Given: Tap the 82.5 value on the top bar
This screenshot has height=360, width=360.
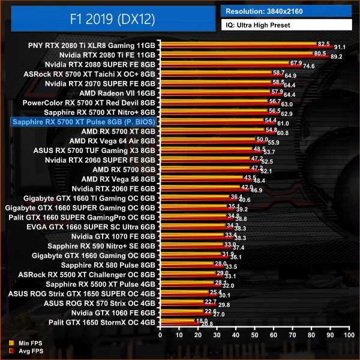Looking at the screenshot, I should point(324,43).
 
